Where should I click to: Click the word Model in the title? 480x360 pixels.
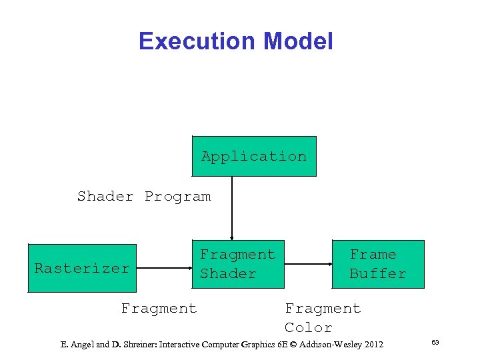(298, 41)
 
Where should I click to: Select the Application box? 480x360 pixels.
(254, 157)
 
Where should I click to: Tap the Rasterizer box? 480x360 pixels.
(82, 268)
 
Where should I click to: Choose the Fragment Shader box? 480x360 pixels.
(238, 264)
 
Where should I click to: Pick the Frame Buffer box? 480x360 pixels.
(378, 264)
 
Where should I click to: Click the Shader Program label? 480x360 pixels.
(144, 197)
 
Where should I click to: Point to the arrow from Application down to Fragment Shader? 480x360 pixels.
(232, 207)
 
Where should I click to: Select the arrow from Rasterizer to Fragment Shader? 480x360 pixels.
(164, 268)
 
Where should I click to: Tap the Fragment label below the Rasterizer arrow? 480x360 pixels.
(159, 308)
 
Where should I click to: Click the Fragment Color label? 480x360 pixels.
(323, 317)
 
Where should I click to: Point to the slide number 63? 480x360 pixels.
(435, 343)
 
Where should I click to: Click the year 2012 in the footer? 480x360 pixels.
(371, 345)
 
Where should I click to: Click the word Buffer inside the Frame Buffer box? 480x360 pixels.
(378, 274)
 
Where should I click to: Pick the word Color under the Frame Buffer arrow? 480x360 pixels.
(308, 327)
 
